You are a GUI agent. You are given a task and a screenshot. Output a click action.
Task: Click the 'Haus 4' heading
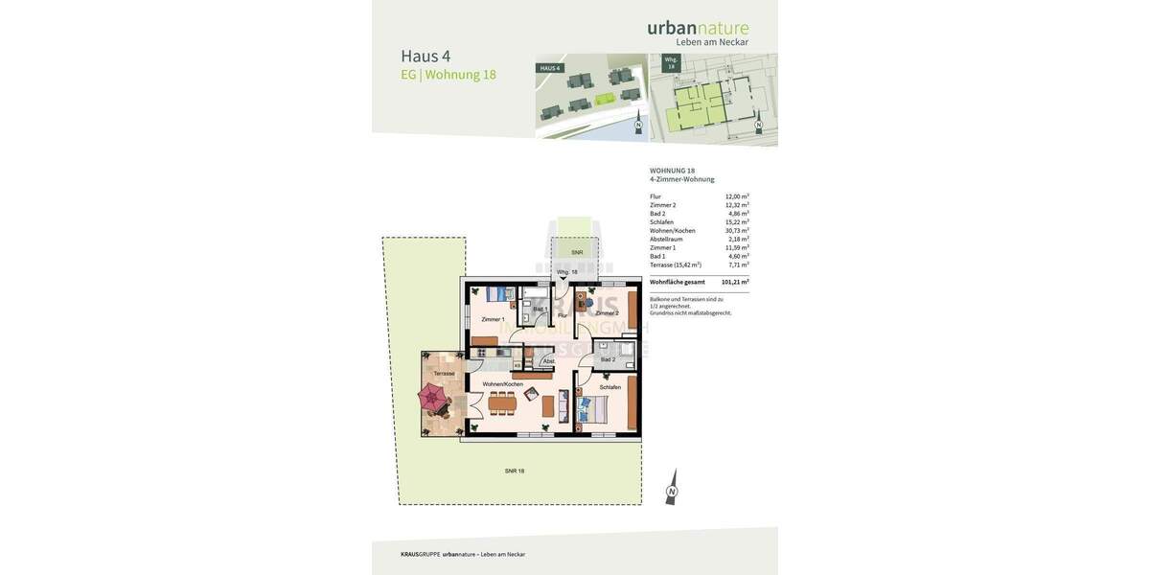[425, 56]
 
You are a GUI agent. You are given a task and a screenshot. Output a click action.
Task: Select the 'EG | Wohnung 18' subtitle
[448, 75]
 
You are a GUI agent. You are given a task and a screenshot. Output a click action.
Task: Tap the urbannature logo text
[698, 28]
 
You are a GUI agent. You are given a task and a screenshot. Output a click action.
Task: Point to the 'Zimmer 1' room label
[493, 319]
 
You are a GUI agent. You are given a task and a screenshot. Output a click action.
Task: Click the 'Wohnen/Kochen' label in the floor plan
[502, 384]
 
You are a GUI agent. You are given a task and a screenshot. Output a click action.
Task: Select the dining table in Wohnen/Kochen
[502, 403]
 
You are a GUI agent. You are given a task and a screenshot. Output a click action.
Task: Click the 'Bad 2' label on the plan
[608, 359]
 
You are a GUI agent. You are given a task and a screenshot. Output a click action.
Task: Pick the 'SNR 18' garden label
[515, 471]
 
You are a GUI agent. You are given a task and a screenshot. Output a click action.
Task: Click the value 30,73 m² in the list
[737, 231]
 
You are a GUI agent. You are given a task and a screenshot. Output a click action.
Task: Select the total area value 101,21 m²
[735, 282]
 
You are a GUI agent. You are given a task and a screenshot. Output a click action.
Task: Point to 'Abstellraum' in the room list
[666, 240]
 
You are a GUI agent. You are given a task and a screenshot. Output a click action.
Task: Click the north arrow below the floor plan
[671, 488]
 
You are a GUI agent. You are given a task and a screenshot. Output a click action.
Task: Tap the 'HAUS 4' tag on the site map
[549, 68]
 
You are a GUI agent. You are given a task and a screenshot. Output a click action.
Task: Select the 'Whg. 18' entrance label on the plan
[567, 272]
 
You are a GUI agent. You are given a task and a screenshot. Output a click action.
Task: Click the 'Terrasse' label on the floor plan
[444, 374]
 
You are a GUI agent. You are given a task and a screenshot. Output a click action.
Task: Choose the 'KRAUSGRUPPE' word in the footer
[420, 554]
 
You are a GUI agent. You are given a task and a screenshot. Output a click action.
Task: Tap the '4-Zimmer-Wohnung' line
[681, 179]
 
